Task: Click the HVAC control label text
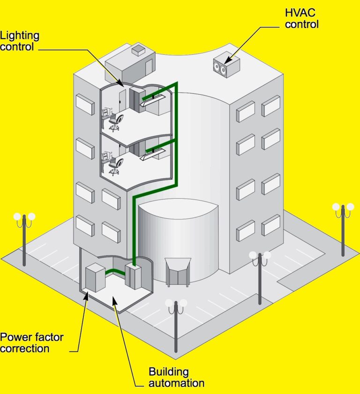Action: pos(302,18)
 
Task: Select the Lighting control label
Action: pos(20,41)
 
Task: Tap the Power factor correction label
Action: pos(31,343)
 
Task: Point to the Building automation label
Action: pos(176,378)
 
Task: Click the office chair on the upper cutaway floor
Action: pos(115,122)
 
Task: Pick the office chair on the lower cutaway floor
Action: pos(115,166)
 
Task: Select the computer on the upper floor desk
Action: pos(107,113)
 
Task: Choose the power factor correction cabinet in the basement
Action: pos(96,278)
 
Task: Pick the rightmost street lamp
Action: pos(343,230)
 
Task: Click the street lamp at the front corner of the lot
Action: pos(176,326)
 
